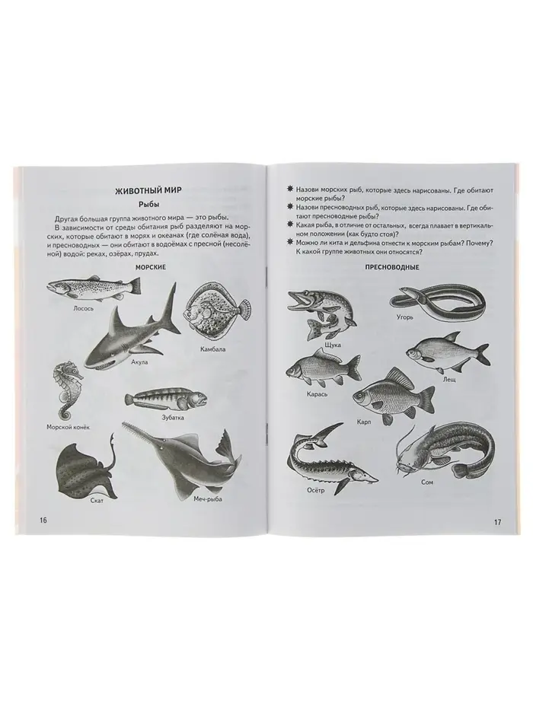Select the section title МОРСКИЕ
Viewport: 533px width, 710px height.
click(x=151, y=268)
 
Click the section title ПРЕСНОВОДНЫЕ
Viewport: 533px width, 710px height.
click(x=392, y=268)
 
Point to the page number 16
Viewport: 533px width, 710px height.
click(x=43, y=521)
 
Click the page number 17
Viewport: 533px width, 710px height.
click(x=496, y=522)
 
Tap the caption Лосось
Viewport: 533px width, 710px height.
click(x=83, y=308)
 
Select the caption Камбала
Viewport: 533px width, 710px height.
click(x=212, y=349)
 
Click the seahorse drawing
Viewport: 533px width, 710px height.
click(x=68, y=390)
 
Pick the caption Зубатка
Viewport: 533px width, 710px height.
click(x=173, y=417)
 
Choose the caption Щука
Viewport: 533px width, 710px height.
click(x=333, y=345)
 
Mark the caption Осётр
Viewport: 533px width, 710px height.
click(x=315, y=490)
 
